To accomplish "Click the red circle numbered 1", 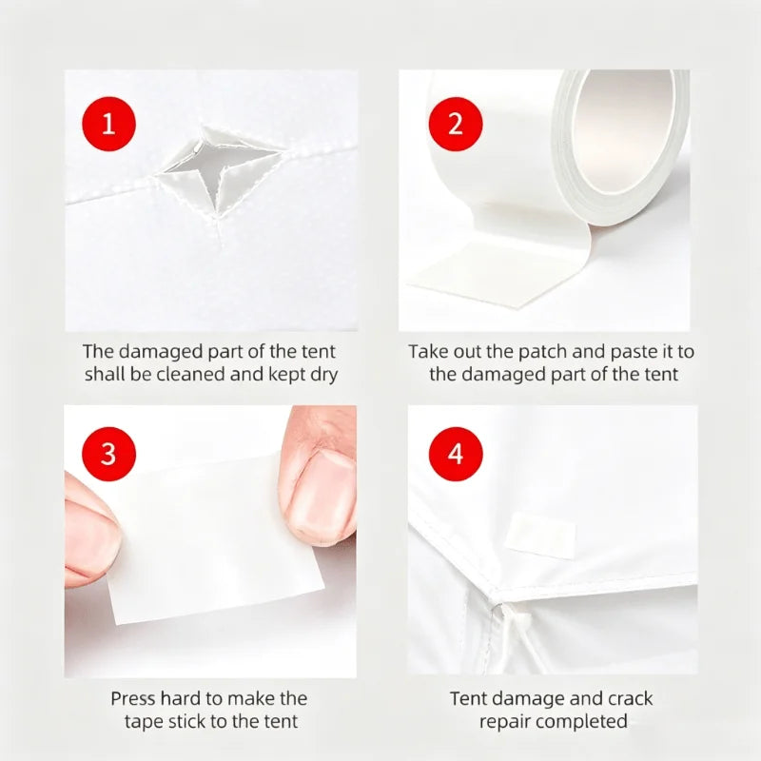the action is point(108,124).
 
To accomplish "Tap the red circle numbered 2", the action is point(456,124).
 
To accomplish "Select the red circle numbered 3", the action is point(108,454).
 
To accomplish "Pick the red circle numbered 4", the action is point(456,454).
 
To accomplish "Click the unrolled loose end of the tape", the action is point(500,272).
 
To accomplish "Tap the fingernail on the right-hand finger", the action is point(322,490).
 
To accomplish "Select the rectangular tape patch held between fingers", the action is point(213,538).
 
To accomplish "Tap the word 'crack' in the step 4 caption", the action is point(630,699).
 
